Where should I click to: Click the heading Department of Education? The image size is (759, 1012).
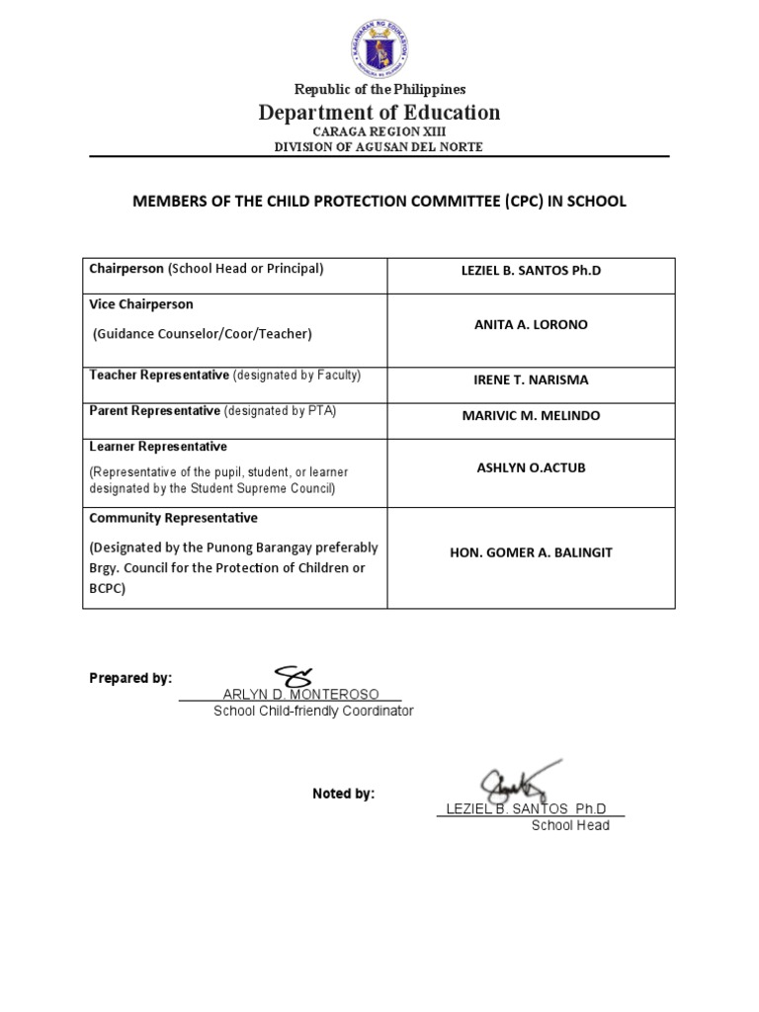[x=379, y=113]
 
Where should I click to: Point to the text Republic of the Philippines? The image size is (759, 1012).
[x=379, y=90]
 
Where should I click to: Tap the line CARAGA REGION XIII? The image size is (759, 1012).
[x=379, y=131]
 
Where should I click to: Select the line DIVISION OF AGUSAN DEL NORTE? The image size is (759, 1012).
[x=379, y=147]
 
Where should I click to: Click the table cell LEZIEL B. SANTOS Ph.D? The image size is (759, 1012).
[x=531, y=271]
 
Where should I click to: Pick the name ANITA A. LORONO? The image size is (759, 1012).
[x=531, y=325]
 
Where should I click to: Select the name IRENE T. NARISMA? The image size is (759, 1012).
[x=531, y=379]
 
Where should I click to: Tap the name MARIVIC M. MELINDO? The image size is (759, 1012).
[x=531, y=415]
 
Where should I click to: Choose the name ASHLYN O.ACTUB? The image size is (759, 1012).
[x=531, y=467]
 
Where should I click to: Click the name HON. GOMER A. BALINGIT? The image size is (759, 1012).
[x=531, y=552]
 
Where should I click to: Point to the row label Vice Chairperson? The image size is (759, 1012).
[x=141, y=304]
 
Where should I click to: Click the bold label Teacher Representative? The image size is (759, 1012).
[x=159, y=376]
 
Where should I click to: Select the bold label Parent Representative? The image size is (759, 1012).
[x=155, y=411]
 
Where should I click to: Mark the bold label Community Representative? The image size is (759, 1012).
[x=173, y=518]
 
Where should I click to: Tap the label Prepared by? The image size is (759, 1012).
[x=130, y=678]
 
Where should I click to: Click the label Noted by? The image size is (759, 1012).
[x=343, y=794]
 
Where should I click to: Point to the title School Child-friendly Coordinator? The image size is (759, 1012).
[x=313, y=712]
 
